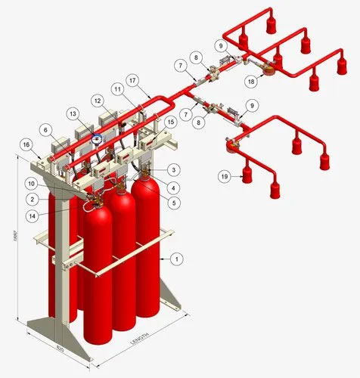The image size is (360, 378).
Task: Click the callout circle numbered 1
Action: pos(176,259)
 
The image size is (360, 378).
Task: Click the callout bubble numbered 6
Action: pos(48,130)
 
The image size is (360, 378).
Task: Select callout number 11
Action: pos(118,89)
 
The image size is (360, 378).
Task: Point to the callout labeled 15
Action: pos(171,121)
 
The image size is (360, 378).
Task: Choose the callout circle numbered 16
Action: pos(27,144)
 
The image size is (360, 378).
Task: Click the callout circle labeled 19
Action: pos(225,175)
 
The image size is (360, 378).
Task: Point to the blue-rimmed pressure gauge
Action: pos(96,138)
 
